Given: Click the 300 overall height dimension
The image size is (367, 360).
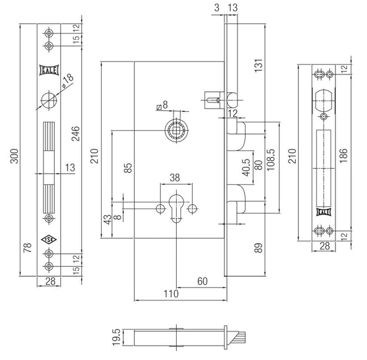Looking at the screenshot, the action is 14,156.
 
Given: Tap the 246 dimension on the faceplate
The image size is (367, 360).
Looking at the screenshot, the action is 76,133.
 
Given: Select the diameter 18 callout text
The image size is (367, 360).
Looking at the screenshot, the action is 68,80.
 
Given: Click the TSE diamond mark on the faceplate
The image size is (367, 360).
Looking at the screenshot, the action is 49,240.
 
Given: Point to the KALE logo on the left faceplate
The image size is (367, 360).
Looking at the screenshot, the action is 49,70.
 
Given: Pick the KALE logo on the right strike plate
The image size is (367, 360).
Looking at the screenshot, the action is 324,212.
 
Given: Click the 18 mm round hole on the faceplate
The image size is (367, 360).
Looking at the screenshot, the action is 49,100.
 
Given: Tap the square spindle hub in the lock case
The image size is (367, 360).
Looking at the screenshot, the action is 176,130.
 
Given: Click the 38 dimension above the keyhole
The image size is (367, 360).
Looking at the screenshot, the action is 175,178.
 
